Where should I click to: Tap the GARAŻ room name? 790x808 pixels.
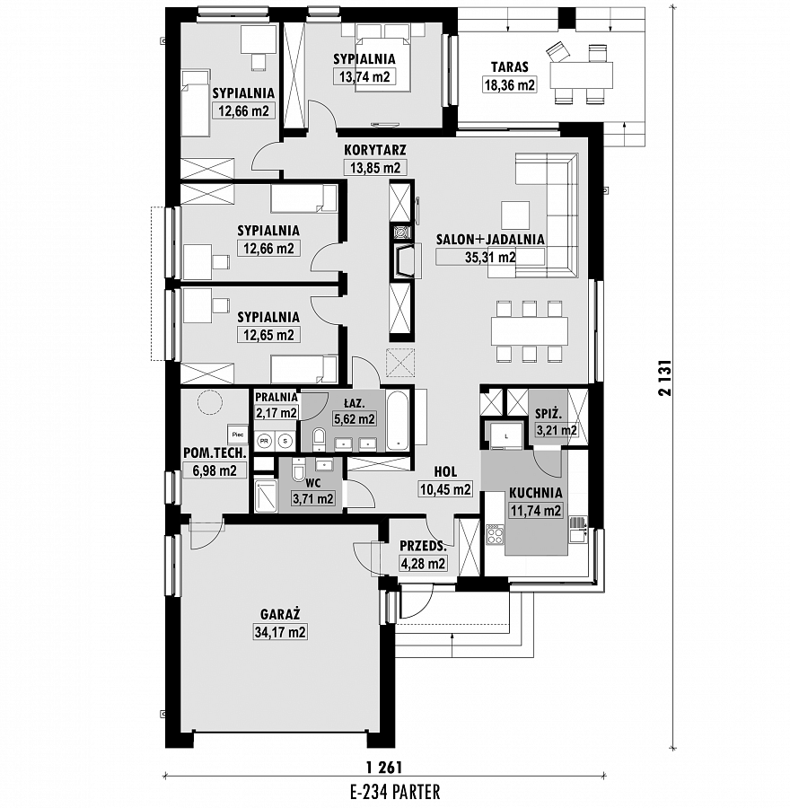click(280, 614)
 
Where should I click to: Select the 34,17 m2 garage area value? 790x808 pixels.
click(280, 632)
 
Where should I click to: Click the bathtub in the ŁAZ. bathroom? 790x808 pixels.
click(398, 420)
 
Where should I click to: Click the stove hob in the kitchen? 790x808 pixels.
click(495, 534)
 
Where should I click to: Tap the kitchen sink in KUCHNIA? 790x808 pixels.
click(577, 531)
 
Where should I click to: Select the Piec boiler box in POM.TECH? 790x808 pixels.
click(238, 435)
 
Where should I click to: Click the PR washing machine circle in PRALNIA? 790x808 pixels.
click(265, 441)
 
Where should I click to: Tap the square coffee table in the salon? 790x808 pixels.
click(515, 215)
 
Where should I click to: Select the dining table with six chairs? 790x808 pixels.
click(530, 331)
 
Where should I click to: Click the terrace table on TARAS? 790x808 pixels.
click(582, 75)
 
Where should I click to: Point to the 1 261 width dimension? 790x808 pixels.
click(384, 768)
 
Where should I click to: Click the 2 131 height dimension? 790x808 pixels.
click(665, 377)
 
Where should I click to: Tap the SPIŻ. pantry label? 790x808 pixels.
click(549, 413)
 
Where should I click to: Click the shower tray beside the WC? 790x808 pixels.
click(266, 496)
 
